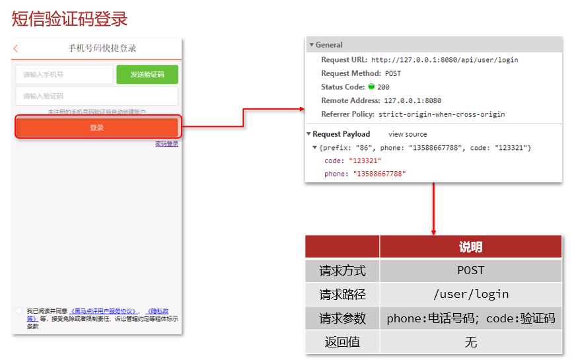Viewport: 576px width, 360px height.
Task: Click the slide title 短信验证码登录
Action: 69,18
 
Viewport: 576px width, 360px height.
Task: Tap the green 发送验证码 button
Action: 147,75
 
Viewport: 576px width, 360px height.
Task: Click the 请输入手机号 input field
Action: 64,75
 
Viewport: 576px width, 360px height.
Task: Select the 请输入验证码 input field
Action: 96,96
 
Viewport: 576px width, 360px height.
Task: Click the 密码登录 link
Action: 167,143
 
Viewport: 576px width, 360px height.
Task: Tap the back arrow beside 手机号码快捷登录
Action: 16,48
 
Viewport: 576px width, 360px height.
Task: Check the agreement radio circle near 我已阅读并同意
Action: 18,310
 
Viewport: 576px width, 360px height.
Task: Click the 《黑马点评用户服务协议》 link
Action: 104,311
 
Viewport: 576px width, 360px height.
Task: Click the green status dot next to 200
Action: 371,87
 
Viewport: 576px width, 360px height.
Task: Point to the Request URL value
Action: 445,59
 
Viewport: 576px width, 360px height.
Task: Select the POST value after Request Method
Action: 393,73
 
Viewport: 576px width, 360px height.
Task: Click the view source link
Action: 408,134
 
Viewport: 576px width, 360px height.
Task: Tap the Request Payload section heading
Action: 342,134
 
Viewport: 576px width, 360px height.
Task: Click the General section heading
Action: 329,45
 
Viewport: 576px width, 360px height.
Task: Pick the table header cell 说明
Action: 470,247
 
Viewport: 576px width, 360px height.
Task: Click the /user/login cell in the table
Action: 470,294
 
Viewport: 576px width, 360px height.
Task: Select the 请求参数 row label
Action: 342,318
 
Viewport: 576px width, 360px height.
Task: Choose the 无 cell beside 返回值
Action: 470,342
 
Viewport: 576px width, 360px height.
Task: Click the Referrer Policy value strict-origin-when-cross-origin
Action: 441,114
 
